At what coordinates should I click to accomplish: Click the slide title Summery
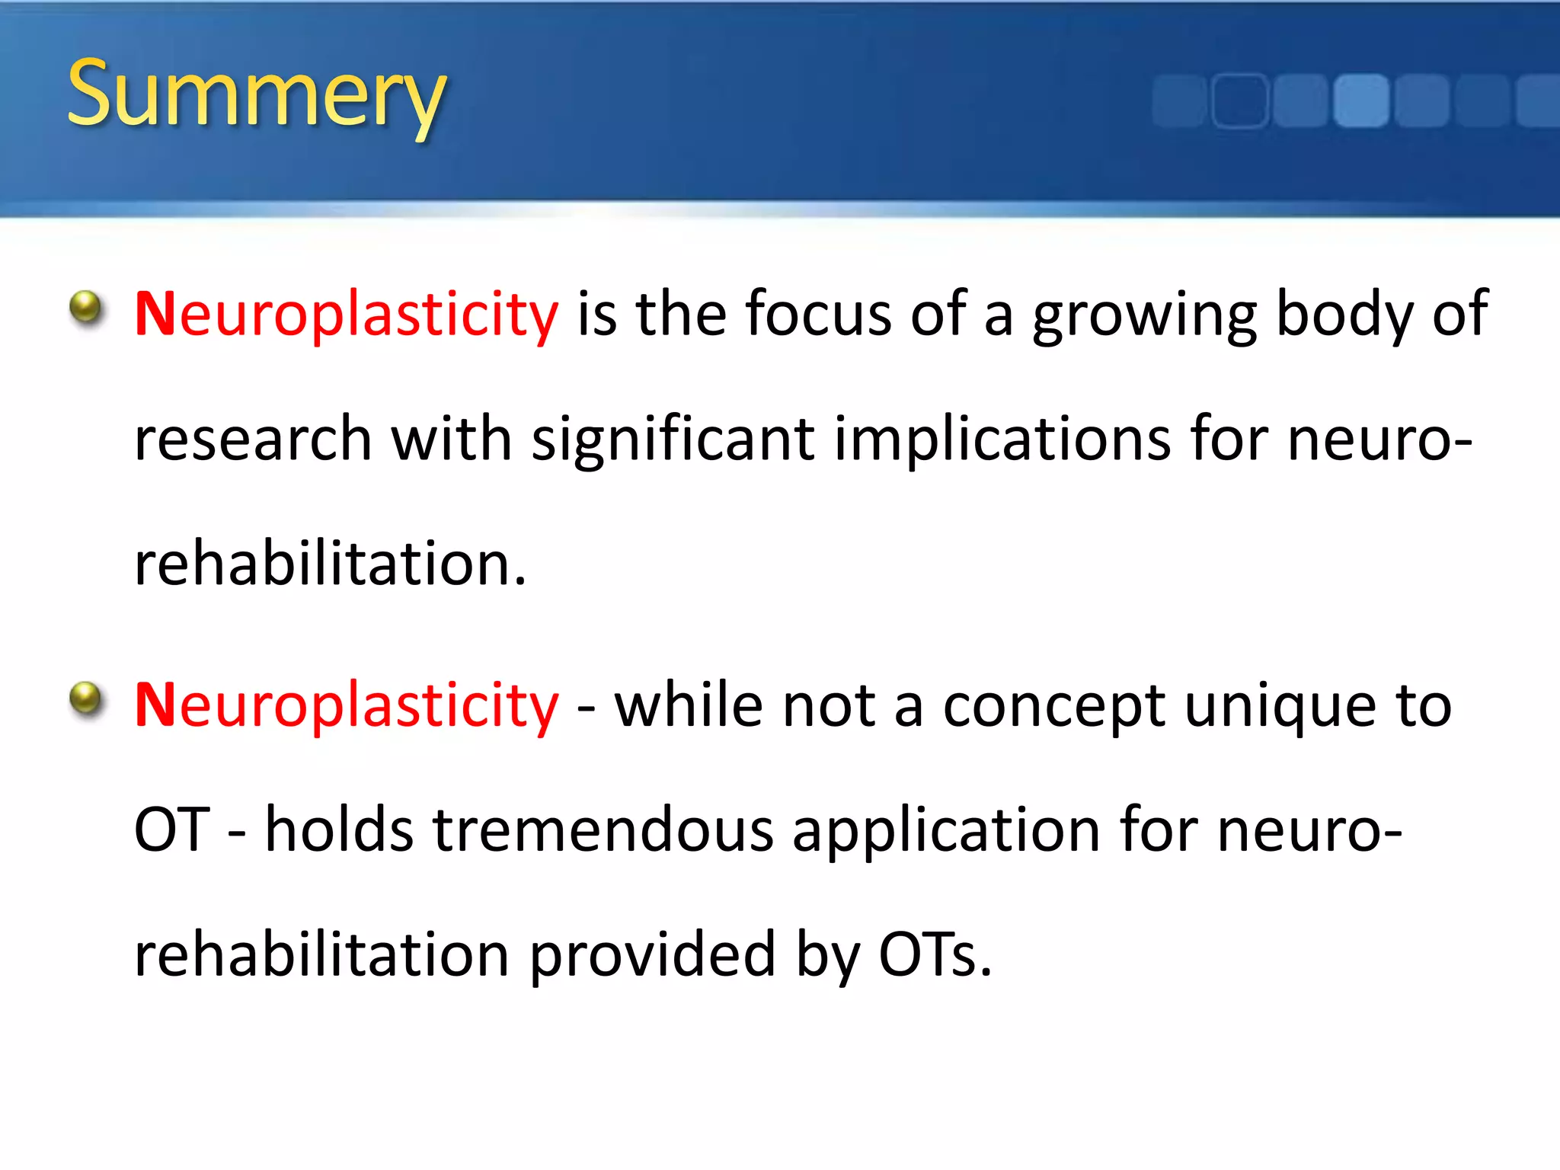(x=256, y=94)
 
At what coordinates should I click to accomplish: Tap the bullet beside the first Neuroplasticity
(x=86, y=308)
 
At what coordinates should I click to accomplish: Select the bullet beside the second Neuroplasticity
(x=86, y=699)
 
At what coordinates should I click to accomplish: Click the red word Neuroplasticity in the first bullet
(x=347, y=315)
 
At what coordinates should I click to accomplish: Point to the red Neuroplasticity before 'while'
(x=347, y=706)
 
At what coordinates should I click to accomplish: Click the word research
(x=253, y=440)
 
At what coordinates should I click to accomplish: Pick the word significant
(x=673, y=440)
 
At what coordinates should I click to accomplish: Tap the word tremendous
(x=603, y=830)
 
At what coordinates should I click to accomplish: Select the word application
(x=946, y=831)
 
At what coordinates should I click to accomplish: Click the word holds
(x=339, y=830)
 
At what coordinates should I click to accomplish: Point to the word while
(x=689, y=705)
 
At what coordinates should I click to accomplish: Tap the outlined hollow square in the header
(x=1239, y=101)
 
